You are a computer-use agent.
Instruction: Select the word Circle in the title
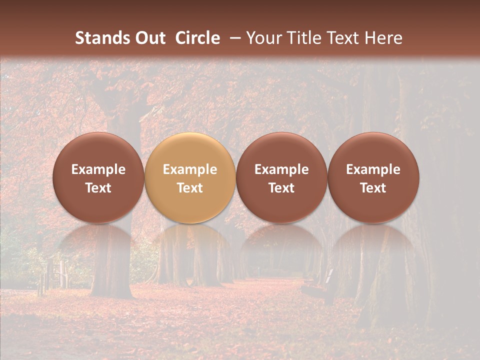[x=197, y=38]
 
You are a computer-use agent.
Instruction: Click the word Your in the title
[x=263, y=38]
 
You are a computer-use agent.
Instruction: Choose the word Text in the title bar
[x=341, y=38]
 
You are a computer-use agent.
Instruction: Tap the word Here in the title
[x=383, y=38]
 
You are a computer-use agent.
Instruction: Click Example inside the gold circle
[x=190, y=169]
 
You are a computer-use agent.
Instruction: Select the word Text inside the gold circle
[x=190, y=188]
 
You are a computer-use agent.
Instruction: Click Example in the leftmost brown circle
[x=98, y=169]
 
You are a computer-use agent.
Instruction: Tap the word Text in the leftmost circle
[x=98, y=188]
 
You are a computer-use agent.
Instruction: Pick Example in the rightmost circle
[x=373, y=169]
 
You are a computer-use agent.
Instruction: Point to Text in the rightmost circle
[x=373, y=188]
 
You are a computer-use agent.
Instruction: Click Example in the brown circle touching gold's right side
[x=281, y=169]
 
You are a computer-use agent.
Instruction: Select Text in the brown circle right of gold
[x=281, y=188]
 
